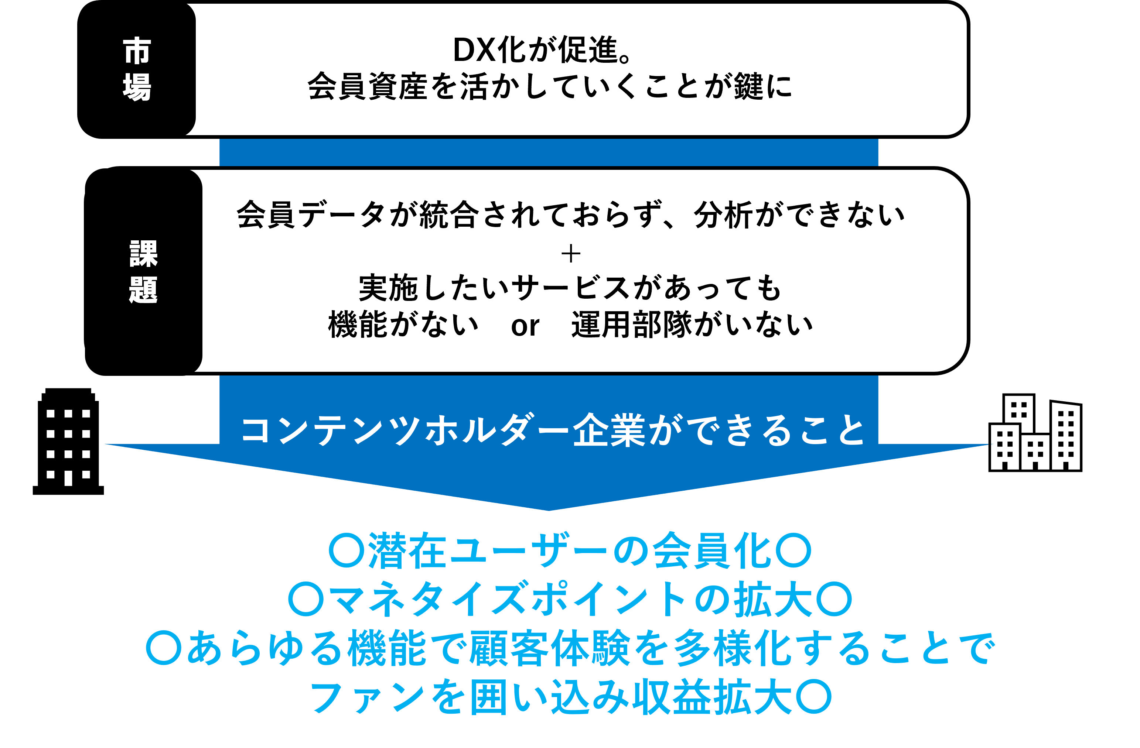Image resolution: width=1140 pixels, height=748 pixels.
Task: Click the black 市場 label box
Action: tap(137, 70)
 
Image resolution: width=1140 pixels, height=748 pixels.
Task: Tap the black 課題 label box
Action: tap(144, 272)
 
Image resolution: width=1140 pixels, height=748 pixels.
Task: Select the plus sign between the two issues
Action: tap(570, 254)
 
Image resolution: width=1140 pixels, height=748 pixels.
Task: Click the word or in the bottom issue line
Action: tap(525, 326)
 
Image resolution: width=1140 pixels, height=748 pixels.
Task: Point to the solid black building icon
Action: tap(68, 441)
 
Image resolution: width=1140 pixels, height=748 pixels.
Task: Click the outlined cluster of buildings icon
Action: tap(1035, 433)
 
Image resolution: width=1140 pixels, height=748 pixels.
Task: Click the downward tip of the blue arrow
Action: tap(549, 508)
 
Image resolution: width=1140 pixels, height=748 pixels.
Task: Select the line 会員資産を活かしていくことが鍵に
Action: tap(549, 87)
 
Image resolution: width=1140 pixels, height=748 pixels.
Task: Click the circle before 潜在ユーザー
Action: tap(347, 551)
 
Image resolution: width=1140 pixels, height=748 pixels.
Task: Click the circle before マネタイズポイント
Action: tap(306, 599)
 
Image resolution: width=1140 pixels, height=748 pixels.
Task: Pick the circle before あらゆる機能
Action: tap(164, 648)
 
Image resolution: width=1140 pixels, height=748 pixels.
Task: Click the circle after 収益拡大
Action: tap(814, 696)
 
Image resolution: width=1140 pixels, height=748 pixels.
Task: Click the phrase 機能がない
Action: tap(403, 325)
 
